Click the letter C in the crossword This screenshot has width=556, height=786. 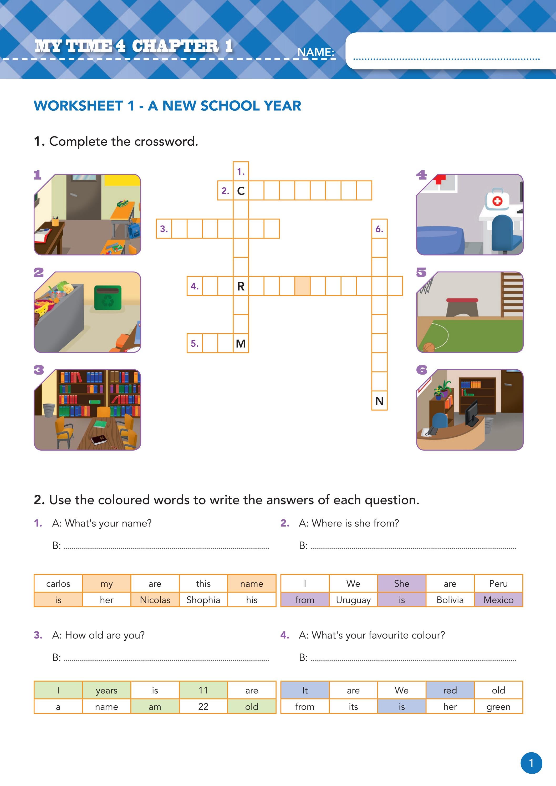tap(241, 191)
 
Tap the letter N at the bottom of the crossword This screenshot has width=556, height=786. tap(379, 401)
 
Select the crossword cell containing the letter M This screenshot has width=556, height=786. tap(241, 343)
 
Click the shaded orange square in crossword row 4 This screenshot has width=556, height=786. tap(302, 286)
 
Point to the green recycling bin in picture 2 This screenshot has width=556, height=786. tap(108, 298)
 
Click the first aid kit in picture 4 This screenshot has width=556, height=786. tap(497, 200)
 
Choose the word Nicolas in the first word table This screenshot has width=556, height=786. tap(155, 600)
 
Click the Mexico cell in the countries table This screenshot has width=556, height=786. tap(498, 600)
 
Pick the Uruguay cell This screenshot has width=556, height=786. tap(353, 600)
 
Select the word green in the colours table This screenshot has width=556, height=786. tap(498, 707)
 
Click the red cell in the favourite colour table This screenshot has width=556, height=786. tap(450, 690)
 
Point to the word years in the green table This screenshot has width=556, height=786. tap(106, 690)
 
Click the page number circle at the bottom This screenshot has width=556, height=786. tap(531, 763)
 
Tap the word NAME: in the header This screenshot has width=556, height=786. tap(315, 52)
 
